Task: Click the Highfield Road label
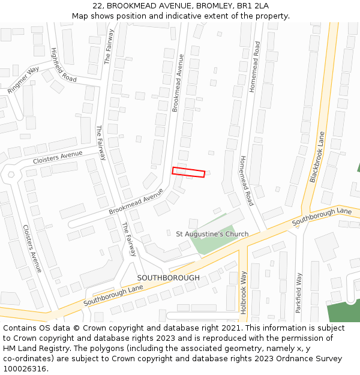click(64, 65)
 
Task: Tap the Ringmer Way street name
click(23, 80)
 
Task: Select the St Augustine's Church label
click(212, 234)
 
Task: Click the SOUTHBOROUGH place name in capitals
click(168, 278)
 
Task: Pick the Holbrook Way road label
click(244, 292)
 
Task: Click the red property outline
click(188, 172)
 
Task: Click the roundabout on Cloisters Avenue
click(10, 175)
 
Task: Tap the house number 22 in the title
click(97, 6)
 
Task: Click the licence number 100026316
click(25, 369)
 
